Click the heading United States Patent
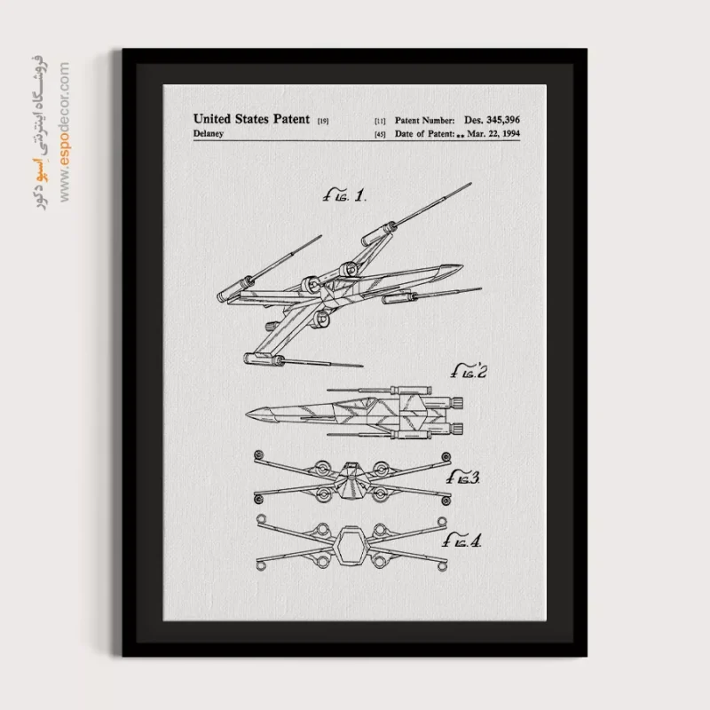251,118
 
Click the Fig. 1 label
344,195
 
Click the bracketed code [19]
322,120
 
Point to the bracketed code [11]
380,120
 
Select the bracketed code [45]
380,135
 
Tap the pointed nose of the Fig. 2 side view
252,414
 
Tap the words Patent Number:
422,119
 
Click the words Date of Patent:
422,135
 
